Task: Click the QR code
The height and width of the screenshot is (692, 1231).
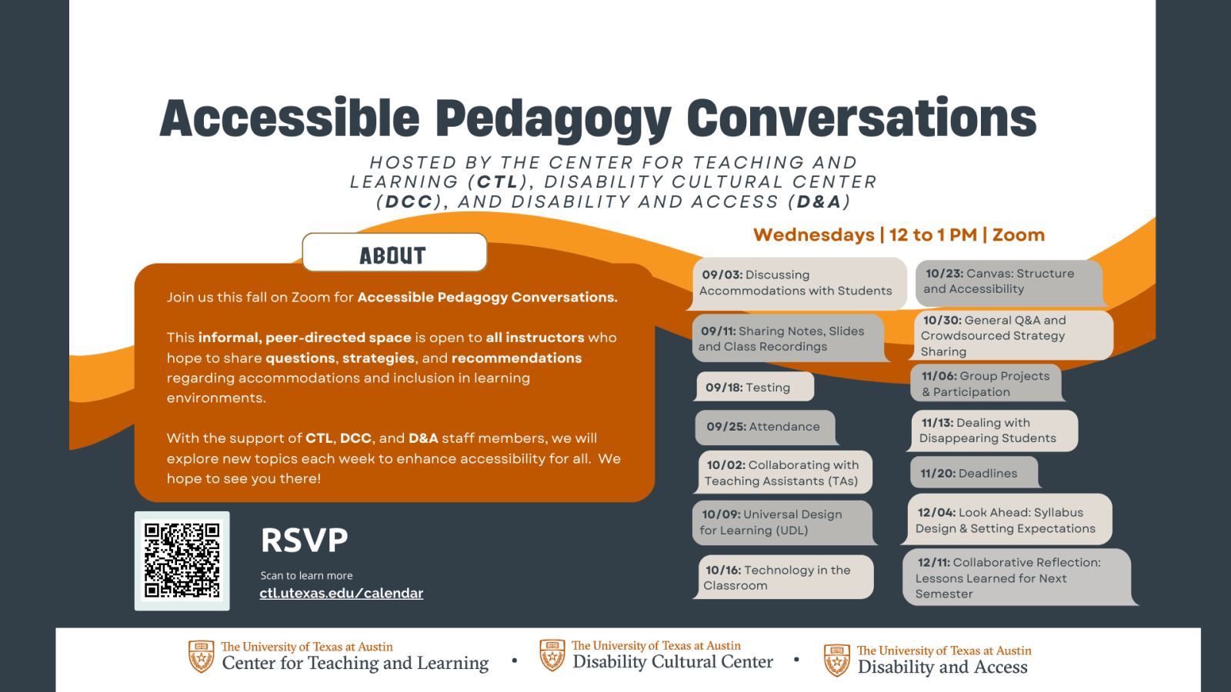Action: pos(182,561)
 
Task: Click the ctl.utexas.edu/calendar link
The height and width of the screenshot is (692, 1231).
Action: pos(342,593)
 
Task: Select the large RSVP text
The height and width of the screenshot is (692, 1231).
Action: pos(305,540)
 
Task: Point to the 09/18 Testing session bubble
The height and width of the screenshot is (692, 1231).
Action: pos(755,387)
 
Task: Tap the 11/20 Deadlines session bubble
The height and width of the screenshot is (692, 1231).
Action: pos(974,473)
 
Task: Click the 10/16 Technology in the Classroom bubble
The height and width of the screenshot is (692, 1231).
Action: pos(783,577)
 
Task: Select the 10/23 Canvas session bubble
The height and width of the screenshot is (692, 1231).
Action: pos(1010,283)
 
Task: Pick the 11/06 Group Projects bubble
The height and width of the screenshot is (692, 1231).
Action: pos(986,384)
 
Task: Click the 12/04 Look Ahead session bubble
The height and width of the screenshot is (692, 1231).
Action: pos(1007,520)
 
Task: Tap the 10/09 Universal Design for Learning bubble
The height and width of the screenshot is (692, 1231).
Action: pos(783,522)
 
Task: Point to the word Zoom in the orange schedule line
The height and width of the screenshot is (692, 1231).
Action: pos(1019,235)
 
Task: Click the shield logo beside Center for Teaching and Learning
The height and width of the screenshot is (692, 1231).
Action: pos(201,656)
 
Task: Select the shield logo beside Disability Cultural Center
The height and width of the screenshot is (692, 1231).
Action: pos(552,655)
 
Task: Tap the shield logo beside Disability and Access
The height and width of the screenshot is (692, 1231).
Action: pos(837,660)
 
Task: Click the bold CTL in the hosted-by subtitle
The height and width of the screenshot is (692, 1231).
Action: pos(497,181)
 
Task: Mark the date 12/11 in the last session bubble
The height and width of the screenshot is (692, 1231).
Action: pos(933,562)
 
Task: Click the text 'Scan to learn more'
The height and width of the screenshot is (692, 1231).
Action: pos(307,576)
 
